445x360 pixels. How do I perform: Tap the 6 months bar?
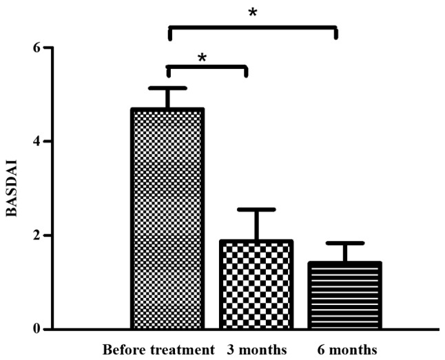(x=335, y=295)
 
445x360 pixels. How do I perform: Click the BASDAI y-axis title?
(x=12, y=188)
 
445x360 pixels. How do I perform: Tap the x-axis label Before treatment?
(x=159, y=349)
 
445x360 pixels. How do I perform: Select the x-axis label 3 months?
(x=257, y=349)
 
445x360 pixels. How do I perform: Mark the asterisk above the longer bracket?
(x=253, y=13)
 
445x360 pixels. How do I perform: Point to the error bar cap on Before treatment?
(x=167, y=88)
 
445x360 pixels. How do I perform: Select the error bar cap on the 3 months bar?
(x=247, y=209)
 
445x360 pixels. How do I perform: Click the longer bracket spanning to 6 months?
(x=253, y=28)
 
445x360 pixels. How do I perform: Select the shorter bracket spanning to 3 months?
(x=207, y=67)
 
